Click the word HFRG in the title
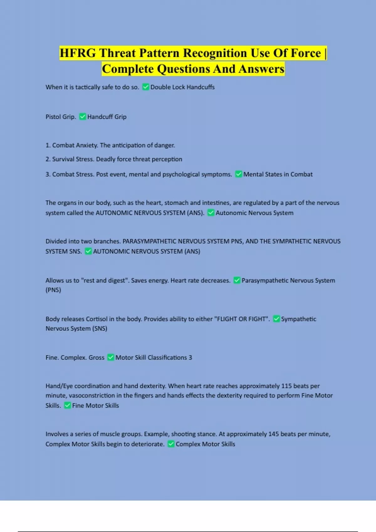pyautogui.click(x=78, y=53)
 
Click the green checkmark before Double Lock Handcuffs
pyautogui.click(x=146, y=87)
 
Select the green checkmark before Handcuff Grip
pyautogui.click(x=83, y=117)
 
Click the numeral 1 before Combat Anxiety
pyautogui.click(x=48, y=145)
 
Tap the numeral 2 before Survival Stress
pyautogui.click(x=48, y=159)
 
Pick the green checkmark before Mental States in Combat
pyautogui.click(x=239, y=174)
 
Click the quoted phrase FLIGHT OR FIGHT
pyautogui.click(x=242, y=319)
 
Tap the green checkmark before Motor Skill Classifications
pyautogui.click(x=111, y=357)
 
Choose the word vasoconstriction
pyautogui.click(x=92, y=396)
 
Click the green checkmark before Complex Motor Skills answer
pyautogui.click(x=171, y=444)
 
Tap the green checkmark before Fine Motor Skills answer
pyautogui.click(x=67, y=406)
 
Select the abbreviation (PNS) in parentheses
pyautogui.click(x=53, y=290)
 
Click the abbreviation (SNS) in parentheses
pyautogui.click(x=100, y=329)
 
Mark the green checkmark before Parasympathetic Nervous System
pyautogui.click(x=237, y=280)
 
